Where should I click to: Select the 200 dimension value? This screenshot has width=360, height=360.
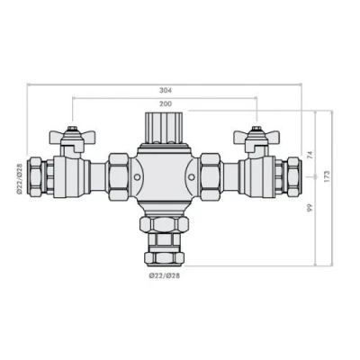point(164,103)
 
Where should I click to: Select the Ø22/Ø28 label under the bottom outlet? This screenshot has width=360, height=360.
point(164,276)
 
